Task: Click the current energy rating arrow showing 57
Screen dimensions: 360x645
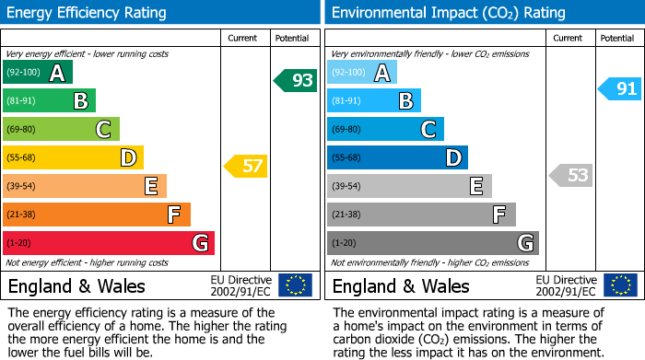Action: pyautogui.click(x=246, y=167)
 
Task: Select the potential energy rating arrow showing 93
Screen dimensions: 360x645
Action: pyautogui.click(x=296, y=80)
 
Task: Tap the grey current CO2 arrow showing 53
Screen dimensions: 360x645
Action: pyautogui.click(x=571, y=175)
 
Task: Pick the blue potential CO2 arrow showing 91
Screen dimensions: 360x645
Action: pyautogui.click(x=619, y=89)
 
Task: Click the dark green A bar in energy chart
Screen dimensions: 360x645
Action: pyautogui.click(x=38, y=73)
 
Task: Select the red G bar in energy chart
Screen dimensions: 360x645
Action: pyautogui.click(x=109, y=243)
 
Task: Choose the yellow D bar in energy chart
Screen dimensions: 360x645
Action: pyautogui.click(x=73, y=157)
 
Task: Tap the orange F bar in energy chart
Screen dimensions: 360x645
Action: pyautogui.click(x=97, y=215)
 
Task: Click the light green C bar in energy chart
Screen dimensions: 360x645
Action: pyautogui.click(x=61, y=129)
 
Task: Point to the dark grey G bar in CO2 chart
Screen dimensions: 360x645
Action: pyautogui.click(x=432, y=243)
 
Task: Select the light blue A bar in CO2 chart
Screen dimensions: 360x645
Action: pyautogui.click(x=362, y=73)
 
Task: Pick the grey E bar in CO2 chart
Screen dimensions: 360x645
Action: pyautogui.click(x=409, y=186)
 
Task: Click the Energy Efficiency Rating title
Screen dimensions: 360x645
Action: pyautogui.click(x=87, y=13)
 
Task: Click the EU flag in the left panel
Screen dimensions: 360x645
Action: pyautogui.click(x=295, y=285)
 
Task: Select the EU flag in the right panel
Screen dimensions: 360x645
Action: pyautogui.click(x=619, y=285)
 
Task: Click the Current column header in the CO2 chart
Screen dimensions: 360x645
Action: pyautogui.click(x=569, y=38)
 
